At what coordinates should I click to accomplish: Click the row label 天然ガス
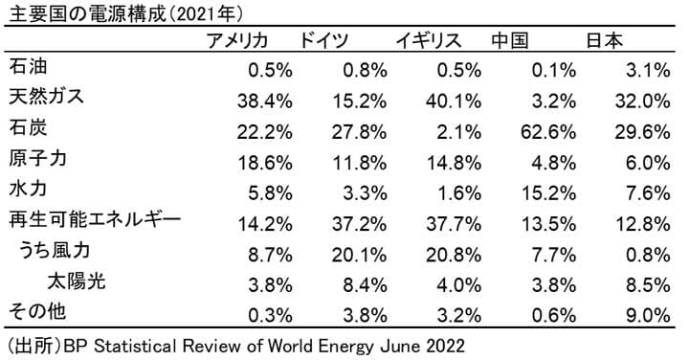point(46,98)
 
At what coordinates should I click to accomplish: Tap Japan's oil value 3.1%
point(647,69)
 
